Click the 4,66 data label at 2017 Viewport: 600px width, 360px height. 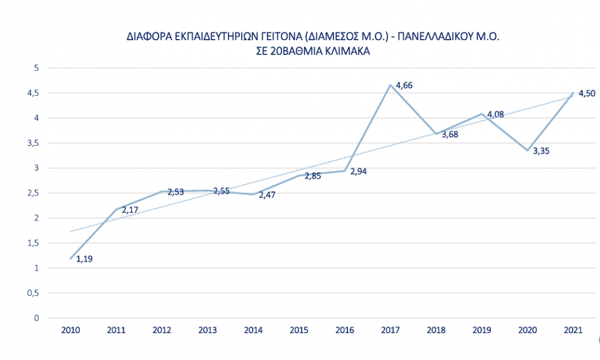[404, 85]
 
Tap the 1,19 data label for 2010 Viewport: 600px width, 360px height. [84, 259]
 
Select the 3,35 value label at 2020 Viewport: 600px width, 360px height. [541, 151]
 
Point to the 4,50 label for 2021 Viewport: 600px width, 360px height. [587, 93]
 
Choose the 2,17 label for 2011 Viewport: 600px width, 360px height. [130, 211]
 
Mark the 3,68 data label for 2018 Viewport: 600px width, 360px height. [450, 134]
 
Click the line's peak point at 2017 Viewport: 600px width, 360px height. [391, 85]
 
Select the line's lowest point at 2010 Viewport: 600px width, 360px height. [71, 259]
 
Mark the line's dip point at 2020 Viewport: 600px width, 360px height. [528, 151]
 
